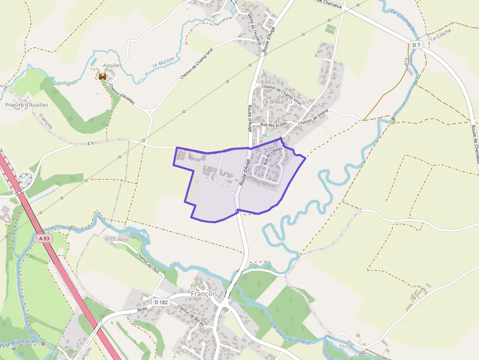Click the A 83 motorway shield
[x=43, y=238]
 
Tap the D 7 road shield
[x=416, y=45]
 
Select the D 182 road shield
[x=161, y=302]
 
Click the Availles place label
[x=112, y=65]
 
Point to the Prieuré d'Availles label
[x=27, y=105]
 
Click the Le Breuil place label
[x=274, y=102]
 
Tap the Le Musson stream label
[x=163, y=63]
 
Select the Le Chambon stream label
[x=404, y=22]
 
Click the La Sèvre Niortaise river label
[x=291, y=335]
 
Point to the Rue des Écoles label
[x=274, y=125]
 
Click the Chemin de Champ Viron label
[x=282, y=92]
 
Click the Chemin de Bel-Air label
[x=191, y=316]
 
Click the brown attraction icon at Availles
[x=103, y=77]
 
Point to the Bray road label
[x=142, y=310]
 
